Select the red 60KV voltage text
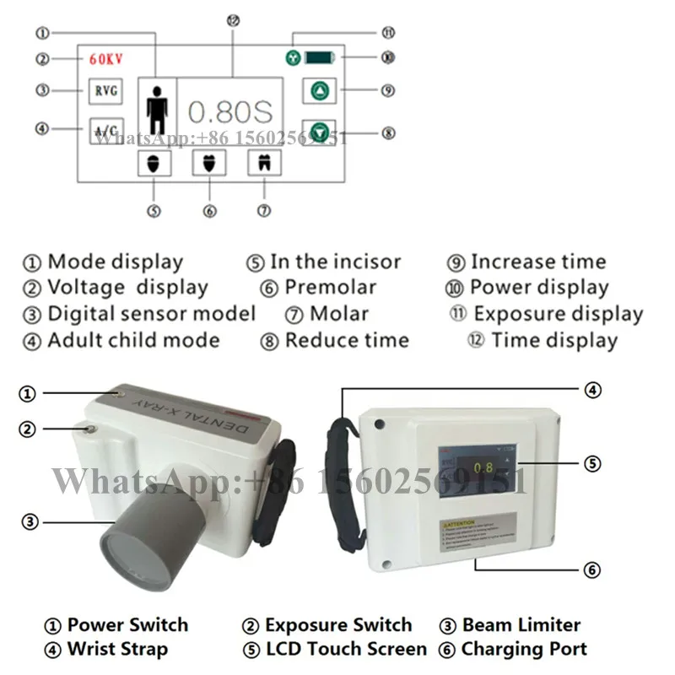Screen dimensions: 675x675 click(106, 59)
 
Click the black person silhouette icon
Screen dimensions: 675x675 click(157, 109)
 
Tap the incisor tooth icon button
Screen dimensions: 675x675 click(154, 163)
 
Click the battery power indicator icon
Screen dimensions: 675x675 click(320, 58)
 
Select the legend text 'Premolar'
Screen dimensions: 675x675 click(330, 288)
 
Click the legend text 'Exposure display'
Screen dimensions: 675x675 click(558, 314)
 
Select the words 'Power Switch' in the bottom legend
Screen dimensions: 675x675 click(127, 625)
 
